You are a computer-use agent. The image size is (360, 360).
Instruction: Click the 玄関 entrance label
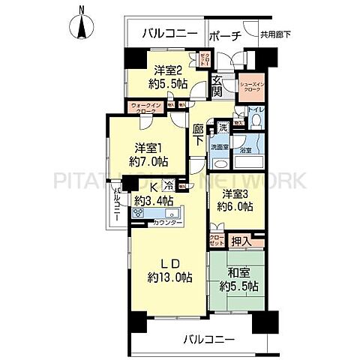216,87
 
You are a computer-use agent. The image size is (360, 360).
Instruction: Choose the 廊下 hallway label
198,134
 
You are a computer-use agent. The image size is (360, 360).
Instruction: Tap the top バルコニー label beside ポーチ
169,34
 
